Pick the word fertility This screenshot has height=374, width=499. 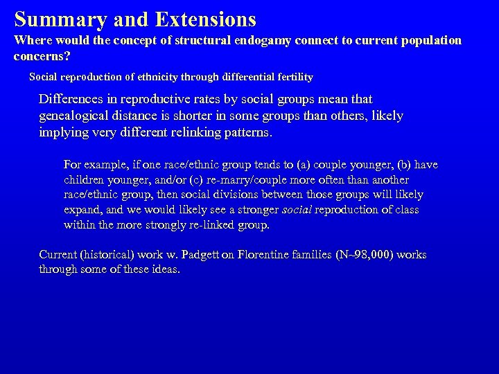click(x=289, y=76)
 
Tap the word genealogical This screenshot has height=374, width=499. click(x=77, y=116)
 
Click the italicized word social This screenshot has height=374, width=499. click(x=297, y=210)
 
